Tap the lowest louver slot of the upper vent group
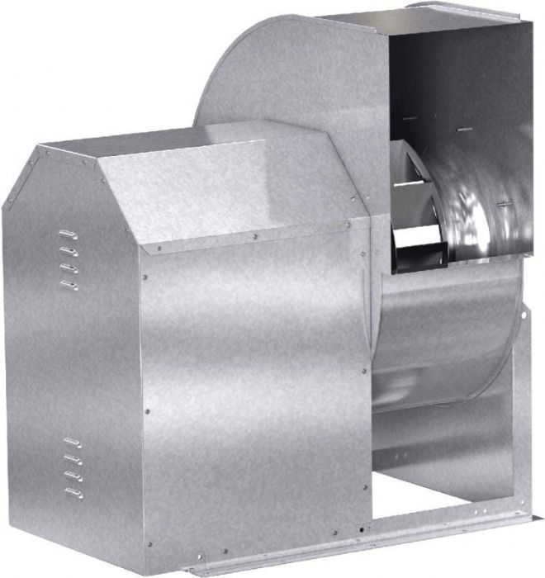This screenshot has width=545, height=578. click(x=70, y=285)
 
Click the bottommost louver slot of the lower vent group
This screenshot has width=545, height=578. click(x=73, y=492)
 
